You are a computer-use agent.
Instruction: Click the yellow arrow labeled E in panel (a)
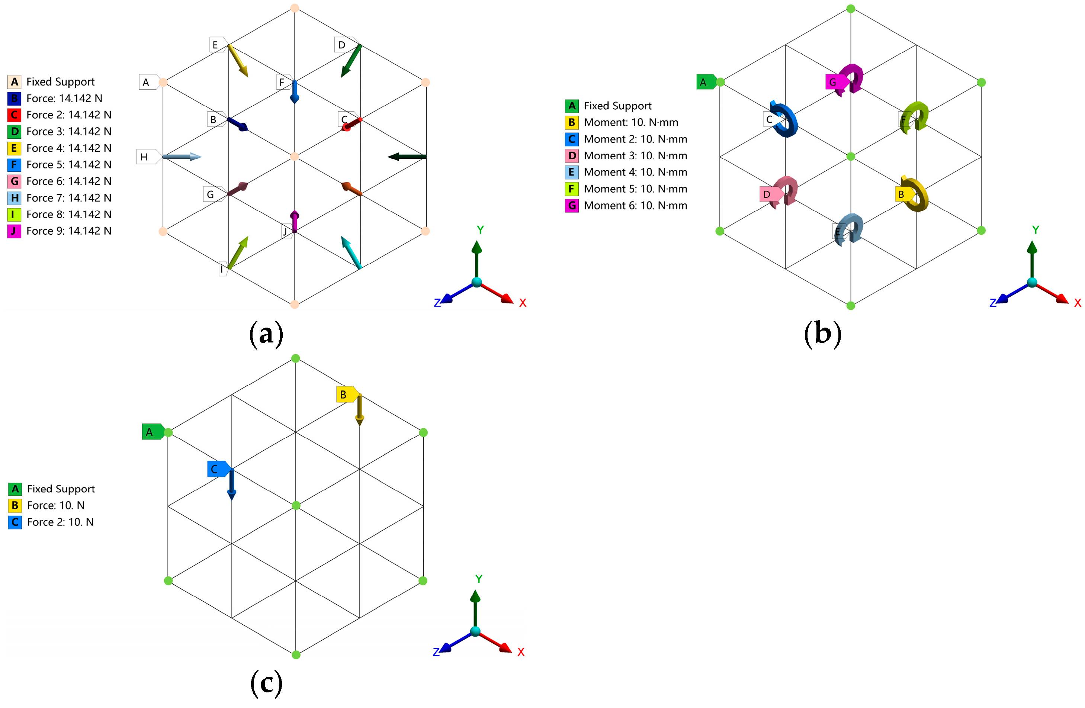238,60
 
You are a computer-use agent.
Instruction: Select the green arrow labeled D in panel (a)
351,60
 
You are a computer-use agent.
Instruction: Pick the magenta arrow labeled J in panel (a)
295,222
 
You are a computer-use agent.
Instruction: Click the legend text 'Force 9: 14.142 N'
68,231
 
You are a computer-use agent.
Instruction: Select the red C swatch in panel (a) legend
14,115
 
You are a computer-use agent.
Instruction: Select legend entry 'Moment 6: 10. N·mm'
635,206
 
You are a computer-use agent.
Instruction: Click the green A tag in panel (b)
704,82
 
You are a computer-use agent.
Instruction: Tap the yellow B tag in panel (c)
345,395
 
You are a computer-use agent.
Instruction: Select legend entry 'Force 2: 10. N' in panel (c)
60,522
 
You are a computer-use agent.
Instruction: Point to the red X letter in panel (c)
521,652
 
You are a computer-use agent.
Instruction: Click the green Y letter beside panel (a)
480,230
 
